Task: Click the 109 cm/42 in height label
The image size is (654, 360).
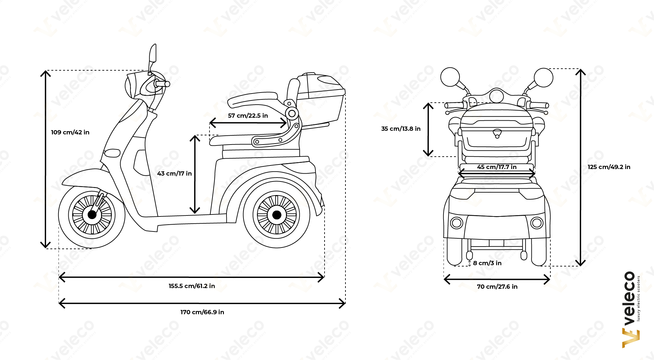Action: pyautogui.click(x=70, y=132)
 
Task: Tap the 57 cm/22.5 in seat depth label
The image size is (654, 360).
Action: pyautogui.click(x=248, y=116)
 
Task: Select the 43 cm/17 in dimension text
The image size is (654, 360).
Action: pyautogui.click(x=175, y=174)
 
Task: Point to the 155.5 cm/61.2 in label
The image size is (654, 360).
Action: pyautogui.click(x=192, y=286)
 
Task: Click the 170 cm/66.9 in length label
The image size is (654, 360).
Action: pyautogui.click(x=202, y=312)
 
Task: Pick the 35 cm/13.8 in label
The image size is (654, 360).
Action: pyautogui.click(x=401, y=129)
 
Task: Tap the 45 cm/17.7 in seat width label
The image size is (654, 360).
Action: pyautogui.click(x=497, y=167)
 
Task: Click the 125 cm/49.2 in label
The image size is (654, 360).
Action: pyautogui.click(x=609, y=167)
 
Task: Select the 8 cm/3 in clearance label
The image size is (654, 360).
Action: pyautogui.click(x=487, y=263)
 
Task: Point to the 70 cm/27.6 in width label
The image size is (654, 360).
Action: pyautogui.click(x=497, y=287)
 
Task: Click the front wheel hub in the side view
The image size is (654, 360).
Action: pyautogui.click(x=92, y=215)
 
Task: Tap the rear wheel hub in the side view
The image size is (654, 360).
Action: pyautogui.click(x=277, y=215)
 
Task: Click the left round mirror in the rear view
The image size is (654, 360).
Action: pyautogui.click(x=450, y=77)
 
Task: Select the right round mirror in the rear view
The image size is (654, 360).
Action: pyautogui.click(x=544, y=77)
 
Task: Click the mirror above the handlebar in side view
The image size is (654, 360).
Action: pyautogui.click(x=153, y=53)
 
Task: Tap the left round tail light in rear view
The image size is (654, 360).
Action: pyautogui.click(x=457, y=223)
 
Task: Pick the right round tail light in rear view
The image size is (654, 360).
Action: pyautogui.click(x=537, y=223)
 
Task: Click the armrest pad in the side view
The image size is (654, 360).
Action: pyautogui.click(x=253, y=99)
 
